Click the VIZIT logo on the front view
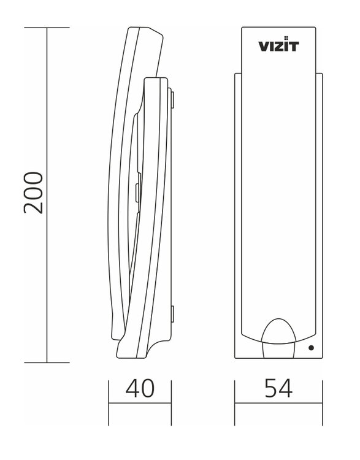279,46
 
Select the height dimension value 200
34,193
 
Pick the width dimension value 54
279,388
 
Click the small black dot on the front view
311,348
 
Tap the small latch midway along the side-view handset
138,185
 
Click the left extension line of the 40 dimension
109,402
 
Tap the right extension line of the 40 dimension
170,402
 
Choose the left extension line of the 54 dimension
236,402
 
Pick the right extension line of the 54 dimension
323,402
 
